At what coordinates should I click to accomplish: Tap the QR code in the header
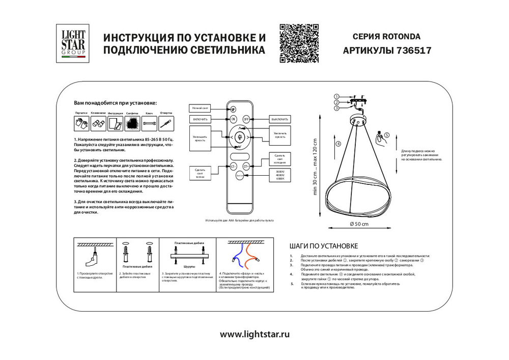tap(299, 43)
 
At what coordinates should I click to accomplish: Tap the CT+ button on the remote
tap(246, 166)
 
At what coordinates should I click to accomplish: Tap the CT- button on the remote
tap(233, 166)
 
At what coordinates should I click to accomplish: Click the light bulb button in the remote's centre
tap(239, 136)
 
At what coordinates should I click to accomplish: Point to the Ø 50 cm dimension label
tap(359, 225)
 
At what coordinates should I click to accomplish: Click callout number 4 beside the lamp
tap(338, 144)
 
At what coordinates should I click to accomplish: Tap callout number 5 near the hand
tap(386, 135)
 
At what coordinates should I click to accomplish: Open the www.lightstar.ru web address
tap(254, 335)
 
